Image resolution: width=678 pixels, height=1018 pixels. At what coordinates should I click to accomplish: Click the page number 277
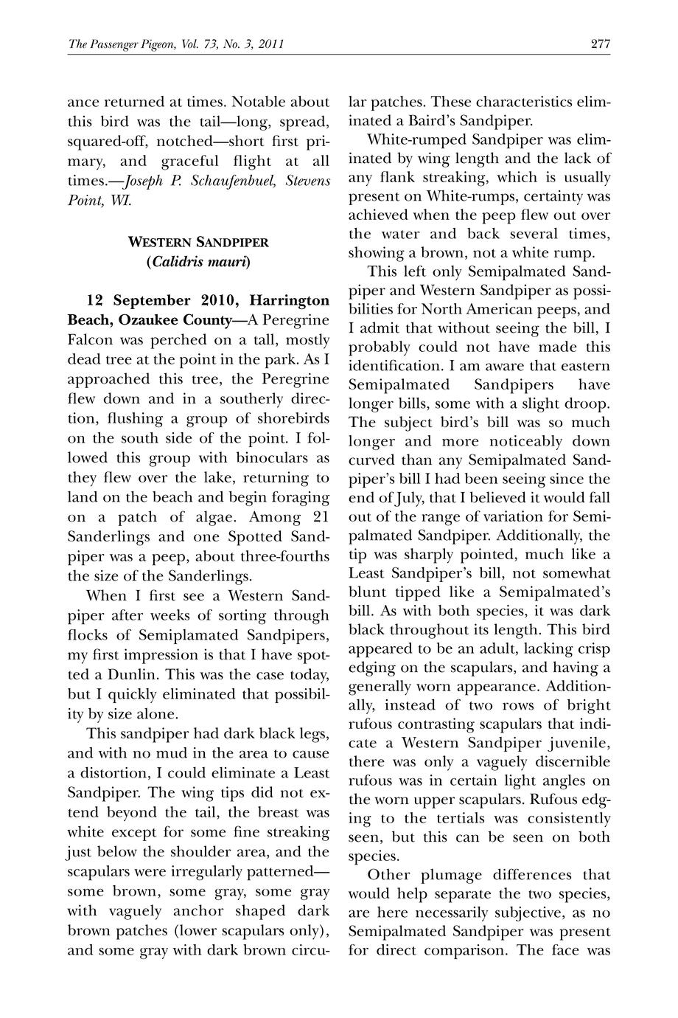(x=600, y=44)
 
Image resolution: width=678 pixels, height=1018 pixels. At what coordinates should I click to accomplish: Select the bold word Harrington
(x=289, y=300)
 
